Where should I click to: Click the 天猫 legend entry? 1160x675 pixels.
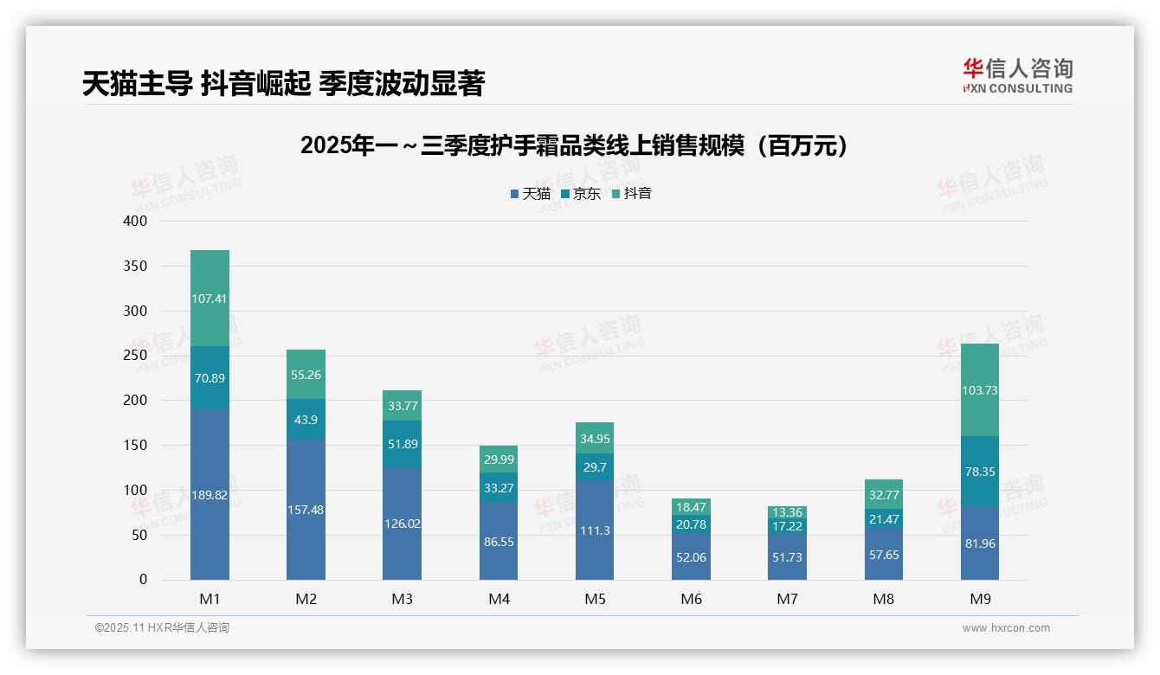pos(531,194)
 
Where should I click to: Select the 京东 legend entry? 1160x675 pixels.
pos(581,194)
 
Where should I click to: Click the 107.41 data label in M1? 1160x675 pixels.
pos(209,299)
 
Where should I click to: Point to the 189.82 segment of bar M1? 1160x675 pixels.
pos(209,495)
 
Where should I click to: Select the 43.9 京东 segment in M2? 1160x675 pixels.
pos(306,419)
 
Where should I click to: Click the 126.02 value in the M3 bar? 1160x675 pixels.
pos(402,524)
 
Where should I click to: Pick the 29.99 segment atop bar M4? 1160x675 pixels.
pos(499,460)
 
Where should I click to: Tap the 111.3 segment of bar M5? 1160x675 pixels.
pos(595,530)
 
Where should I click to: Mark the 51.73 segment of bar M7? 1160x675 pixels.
pos(787,557)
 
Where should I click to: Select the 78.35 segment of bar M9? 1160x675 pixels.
pos(979,472)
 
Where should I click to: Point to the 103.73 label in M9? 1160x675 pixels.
pos(979,390)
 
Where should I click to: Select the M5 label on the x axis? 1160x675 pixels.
pos(595,599)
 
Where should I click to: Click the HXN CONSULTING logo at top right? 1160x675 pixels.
pos(1017,76)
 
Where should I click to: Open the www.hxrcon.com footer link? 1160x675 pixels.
pos(1006,628)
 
